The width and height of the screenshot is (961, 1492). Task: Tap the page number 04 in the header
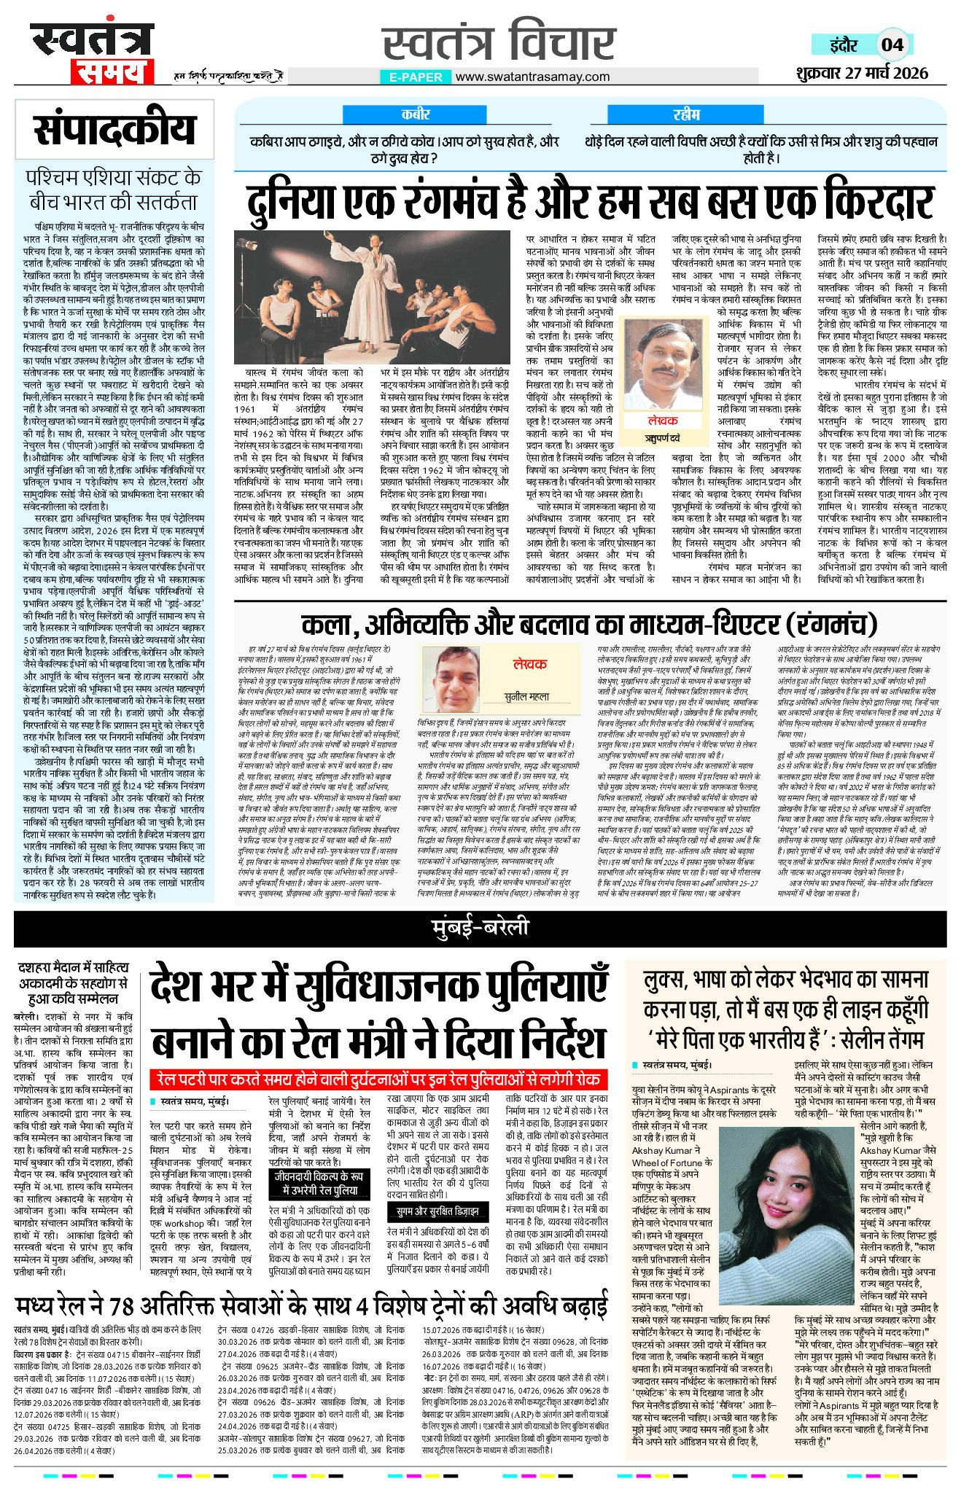pyautogui.click(x=892, y=44)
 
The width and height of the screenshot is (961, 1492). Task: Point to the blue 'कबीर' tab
pyautogui.click(x=416, y=114)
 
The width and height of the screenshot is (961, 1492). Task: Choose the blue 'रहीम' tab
pyautogui.click(x=686, y=114)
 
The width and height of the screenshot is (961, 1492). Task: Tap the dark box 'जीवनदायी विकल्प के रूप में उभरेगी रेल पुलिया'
pyautogui.click(x=316, y=1184)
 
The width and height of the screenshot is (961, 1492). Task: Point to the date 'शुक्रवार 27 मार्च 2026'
pyautogui.click(x=861, y=73)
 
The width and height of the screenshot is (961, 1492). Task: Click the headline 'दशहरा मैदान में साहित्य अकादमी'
pyautogui.click(x=73, y=982)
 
